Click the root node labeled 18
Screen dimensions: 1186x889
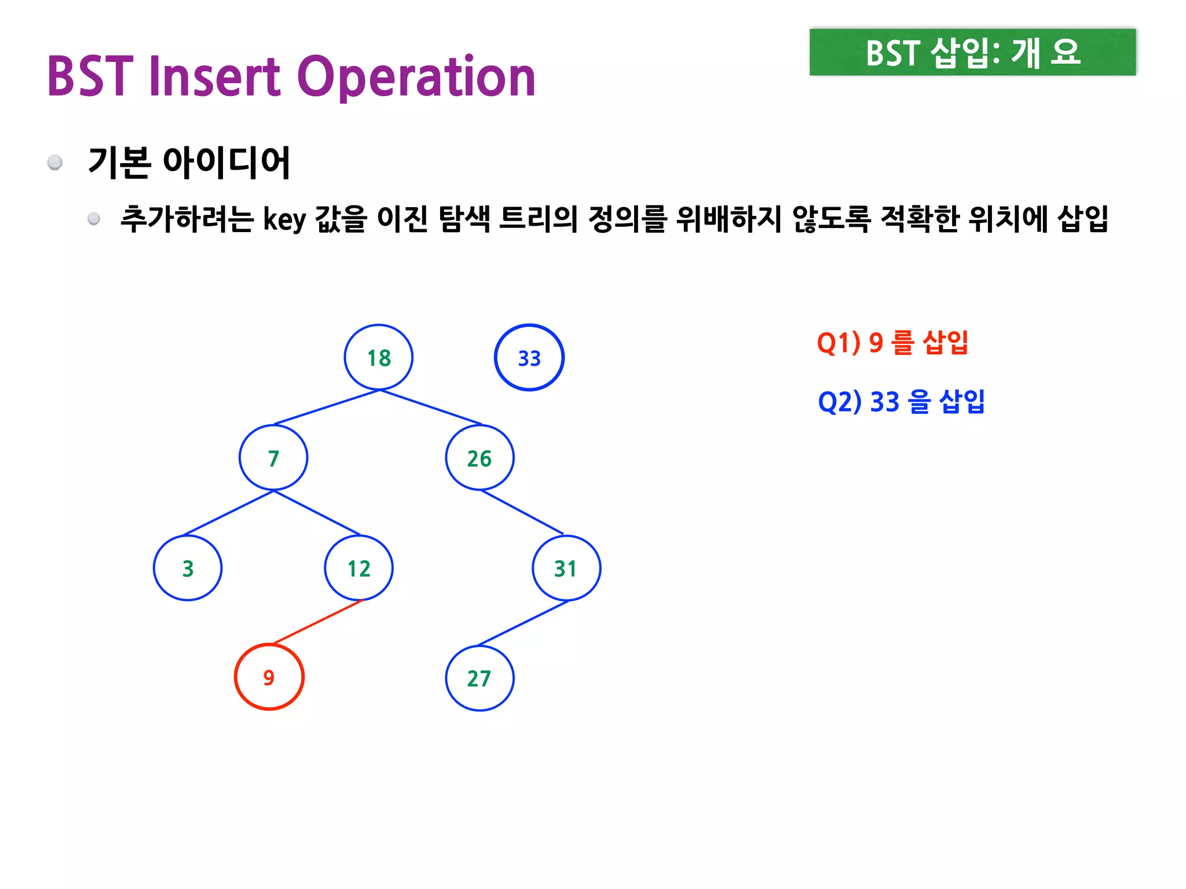tap(379, 358)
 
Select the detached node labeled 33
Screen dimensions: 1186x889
tap(529, 358)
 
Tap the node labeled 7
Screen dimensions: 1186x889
tap(273, 458)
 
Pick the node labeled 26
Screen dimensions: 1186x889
tap(479, 458)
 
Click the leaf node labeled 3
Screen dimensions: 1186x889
tap(188, 568)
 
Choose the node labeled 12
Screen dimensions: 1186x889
tap(358, 568)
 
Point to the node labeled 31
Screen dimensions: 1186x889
tap(566, 568)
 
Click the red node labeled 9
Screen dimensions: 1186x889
tap(269, 677)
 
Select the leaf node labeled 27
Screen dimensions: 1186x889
tap(479, 678)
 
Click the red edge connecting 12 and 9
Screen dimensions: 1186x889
tap(317, 622)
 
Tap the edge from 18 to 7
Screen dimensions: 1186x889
tap(327, 407)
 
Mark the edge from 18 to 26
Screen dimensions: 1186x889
tap(431, 407)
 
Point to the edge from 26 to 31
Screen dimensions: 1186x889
tap(521, 512)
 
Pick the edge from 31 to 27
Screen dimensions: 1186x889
tap(523, 623)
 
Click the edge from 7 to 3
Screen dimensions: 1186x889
tap(228, 513)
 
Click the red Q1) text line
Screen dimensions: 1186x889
tap(892, 343)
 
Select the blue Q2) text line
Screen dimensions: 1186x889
tap(901, 402)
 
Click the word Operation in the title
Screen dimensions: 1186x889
tap(416, 76)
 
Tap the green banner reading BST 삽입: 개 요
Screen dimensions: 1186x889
tap(972, 52)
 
